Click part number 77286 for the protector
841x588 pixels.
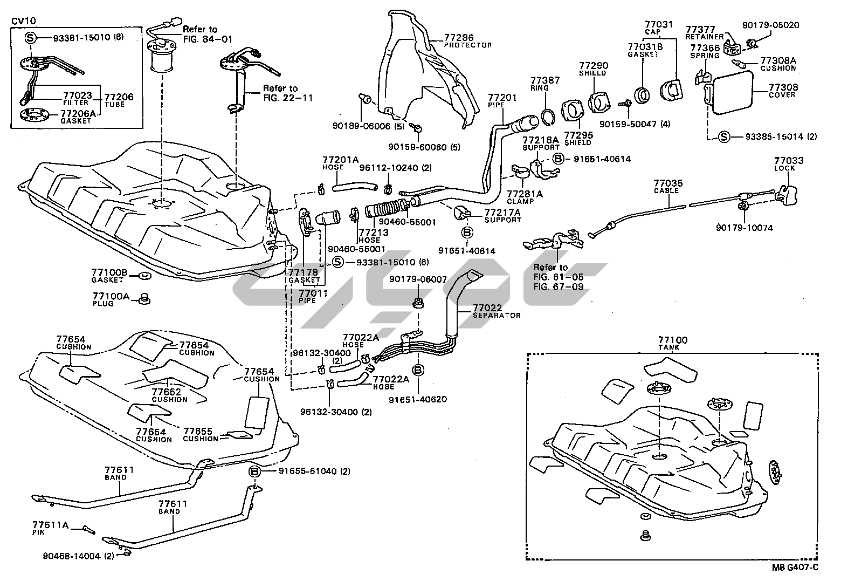(459, 38)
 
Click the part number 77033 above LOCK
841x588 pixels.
(789, 160)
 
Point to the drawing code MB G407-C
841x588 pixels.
(794, 566)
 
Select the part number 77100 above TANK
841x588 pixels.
(672, 340)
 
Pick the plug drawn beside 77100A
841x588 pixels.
(143, 298)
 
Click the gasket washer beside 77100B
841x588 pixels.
(144, 277)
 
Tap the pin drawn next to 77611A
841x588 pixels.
(89, 529)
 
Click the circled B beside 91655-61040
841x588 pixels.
(255, 471)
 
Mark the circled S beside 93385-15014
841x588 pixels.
(723, 136)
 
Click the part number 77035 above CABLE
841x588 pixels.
(668, 183)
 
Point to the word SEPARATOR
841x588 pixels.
(497, 315)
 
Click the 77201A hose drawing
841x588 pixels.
(353, 187)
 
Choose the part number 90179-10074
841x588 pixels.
(744, 228)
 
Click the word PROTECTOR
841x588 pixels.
(467, 45)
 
